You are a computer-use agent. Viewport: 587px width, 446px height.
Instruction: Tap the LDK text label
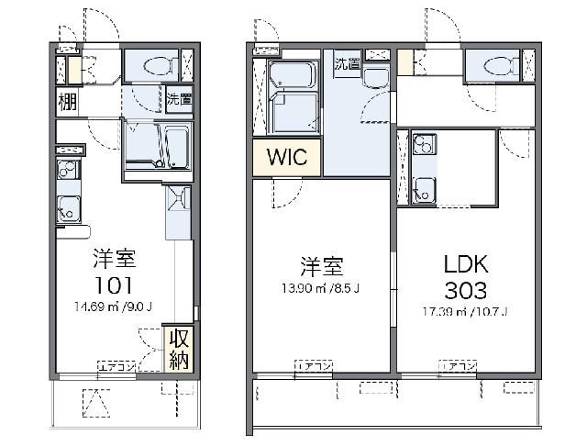coord(467,265)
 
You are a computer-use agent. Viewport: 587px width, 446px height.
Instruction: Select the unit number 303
coord(467,291)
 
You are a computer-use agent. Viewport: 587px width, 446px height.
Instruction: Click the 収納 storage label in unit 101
coord(178,348)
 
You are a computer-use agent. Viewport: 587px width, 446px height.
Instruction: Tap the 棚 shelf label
coord(67,101)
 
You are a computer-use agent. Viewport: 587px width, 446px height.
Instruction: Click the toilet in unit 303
coord(497,66)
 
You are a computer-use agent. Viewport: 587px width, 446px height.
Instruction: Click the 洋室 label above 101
coord(114,256)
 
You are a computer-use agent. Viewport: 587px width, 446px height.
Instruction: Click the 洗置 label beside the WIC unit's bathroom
coord(347,64)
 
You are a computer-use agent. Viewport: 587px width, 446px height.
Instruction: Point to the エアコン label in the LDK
coord(458,367)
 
